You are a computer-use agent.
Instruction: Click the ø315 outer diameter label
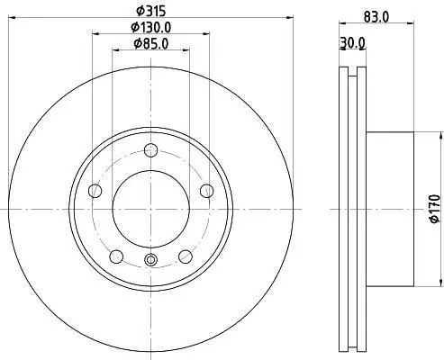pos(150,12)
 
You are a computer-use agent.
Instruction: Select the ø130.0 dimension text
pos(151,28)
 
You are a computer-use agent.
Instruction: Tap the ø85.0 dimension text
pos(151,44)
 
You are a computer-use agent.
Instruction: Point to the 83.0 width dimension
pos(376,17)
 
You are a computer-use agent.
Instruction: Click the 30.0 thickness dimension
pos(352,43)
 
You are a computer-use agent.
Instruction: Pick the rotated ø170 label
pos(435,209)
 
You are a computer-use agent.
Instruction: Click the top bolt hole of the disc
pos(150,150)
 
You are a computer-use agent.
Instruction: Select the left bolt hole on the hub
pos(95,191)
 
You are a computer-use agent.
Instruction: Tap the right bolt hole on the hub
pos(206,191)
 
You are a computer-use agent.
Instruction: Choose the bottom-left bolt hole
pos(116,256)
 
